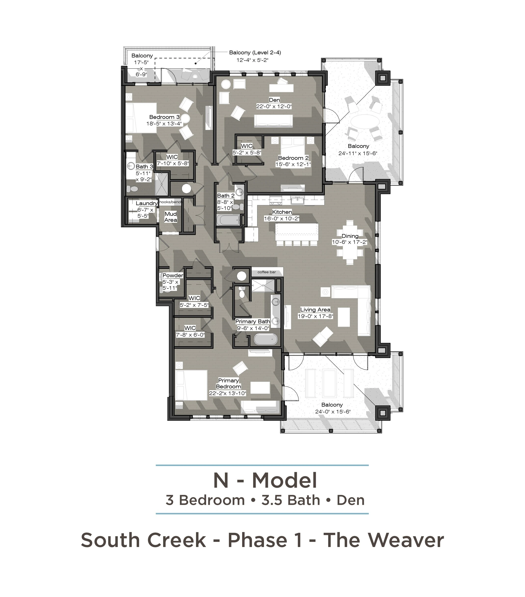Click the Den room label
274,100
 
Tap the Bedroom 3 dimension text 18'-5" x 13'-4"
164,124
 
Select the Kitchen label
282,212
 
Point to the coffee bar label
267,272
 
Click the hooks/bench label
171,202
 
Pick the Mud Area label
171,217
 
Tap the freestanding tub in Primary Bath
265,340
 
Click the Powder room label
173,275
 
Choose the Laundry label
146,203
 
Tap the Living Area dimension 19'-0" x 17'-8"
315,316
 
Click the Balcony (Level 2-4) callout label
255,53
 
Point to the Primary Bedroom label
228,383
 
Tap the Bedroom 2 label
293,158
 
